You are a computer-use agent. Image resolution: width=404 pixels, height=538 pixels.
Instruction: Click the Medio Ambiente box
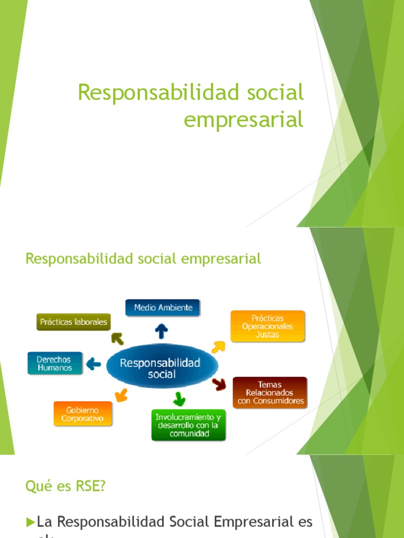pos(163,307)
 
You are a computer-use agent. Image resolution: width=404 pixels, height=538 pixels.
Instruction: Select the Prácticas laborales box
pos(73,322)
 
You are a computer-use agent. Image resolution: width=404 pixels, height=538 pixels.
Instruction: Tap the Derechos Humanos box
pos(55,363)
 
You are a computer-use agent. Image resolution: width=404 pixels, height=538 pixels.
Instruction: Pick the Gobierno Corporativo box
pos(82,414)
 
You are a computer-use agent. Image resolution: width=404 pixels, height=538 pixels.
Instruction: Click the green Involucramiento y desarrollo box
pos(189,425)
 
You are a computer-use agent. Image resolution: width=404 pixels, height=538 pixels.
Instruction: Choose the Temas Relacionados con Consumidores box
pos(270,392)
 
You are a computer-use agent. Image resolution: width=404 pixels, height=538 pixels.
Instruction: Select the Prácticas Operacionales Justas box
pos(267,326)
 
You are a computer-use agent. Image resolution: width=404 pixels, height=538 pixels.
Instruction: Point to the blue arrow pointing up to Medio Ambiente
pos(161,330)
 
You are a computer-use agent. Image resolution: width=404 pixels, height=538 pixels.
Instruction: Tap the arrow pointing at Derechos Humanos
pos(94,363)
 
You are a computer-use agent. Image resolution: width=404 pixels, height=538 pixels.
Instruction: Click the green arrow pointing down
pos(179,398)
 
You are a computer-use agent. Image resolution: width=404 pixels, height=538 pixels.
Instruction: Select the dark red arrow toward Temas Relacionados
pos(219,385)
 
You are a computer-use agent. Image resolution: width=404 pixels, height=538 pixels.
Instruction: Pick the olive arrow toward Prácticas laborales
pos(117,339)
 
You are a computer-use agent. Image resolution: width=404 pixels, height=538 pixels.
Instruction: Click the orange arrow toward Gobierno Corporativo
pos(121,395)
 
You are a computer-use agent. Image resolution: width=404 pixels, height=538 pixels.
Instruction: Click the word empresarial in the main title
pos(244,119)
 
